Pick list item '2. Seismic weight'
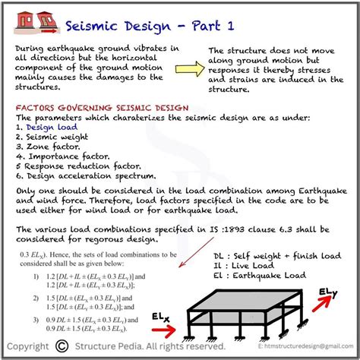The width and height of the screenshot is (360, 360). (x=52, y=138)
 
